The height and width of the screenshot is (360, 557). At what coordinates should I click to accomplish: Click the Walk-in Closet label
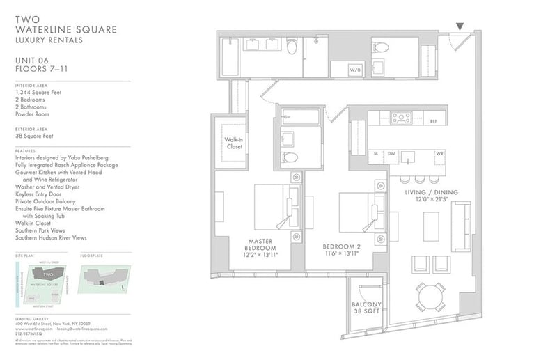click(x=233, y=143)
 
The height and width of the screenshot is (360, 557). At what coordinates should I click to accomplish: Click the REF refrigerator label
click(x=432, y=121)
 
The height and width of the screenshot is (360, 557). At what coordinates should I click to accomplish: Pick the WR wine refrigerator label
click(x=439, y=153)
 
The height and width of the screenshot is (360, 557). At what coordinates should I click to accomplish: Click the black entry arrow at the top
click(x=460, y=26)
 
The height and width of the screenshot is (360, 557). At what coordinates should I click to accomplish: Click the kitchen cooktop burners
click(x=402, y=117)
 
